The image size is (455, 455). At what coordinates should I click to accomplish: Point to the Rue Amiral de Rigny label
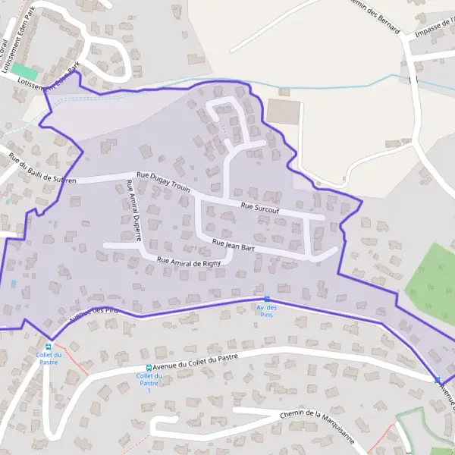click(188, 262)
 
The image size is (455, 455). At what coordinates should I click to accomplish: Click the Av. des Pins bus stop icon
click(266, 299)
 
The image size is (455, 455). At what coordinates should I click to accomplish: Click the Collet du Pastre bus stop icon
click(49, 345)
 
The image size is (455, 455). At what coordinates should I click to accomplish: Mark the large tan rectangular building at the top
click(284, 112)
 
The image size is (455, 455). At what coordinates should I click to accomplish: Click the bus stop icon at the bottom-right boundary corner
click(438, 379)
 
